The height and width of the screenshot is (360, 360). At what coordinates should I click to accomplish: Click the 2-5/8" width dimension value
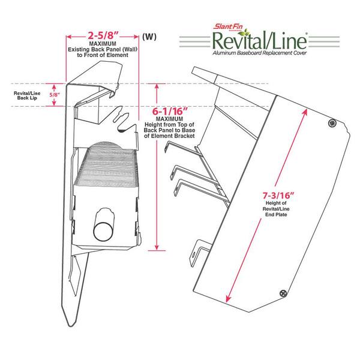coord(103,36)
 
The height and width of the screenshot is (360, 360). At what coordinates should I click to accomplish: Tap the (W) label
coord(149,37)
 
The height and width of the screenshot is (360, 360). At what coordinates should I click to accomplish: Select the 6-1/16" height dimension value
coord(170,112)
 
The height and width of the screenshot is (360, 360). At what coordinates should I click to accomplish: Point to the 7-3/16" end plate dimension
coord(278,196)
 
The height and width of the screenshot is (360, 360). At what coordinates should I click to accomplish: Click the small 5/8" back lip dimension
coord(55,95)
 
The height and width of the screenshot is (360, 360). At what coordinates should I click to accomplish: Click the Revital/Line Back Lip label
coord(27,95)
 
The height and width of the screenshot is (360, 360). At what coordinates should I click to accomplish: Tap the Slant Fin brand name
coord(228,26)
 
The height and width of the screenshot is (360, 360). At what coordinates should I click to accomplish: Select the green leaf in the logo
coord(244,33)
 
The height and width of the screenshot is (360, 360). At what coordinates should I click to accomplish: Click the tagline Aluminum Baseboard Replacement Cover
coord(259,53)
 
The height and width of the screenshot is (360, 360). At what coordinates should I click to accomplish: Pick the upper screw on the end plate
coord(332,123)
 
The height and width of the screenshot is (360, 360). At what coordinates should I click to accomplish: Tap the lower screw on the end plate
coord(284,293)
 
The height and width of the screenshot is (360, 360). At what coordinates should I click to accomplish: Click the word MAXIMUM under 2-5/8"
coord(103,44)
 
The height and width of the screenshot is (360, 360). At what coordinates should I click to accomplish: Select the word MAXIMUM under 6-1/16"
coord(169,119)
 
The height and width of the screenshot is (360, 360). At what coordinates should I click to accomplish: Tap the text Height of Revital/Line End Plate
coord(276,209)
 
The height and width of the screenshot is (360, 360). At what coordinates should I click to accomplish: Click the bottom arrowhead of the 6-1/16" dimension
coord(157,247)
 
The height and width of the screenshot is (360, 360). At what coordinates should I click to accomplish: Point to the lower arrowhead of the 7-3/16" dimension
coord(228,298)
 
